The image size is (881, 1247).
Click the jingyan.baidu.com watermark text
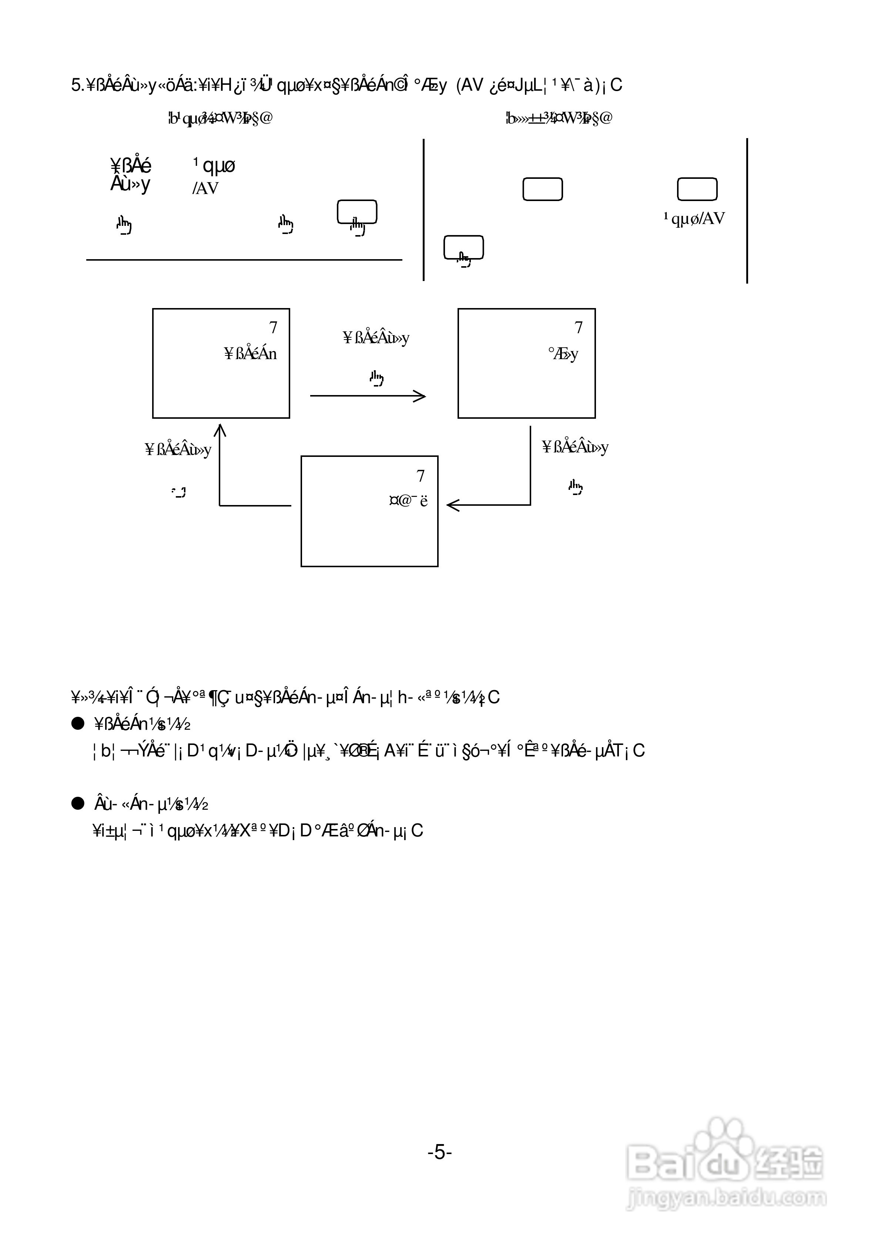tap(726, 1198)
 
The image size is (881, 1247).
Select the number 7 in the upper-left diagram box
tap(273, 328)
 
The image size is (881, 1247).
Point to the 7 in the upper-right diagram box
tap(579, 328)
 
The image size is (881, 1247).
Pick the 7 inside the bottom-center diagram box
tap(421, 476)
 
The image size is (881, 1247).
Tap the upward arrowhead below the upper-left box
tap(220, 431)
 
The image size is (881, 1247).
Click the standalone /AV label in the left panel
tap(205, 188)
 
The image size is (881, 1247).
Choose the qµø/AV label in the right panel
tap(694, 218)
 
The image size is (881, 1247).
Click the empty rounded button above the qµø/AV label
tap(697, 189)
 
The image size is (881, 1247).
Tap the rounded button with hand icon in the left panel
tap(357, 213)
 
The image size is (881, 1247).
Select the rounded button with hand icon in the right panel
tap(463, 248)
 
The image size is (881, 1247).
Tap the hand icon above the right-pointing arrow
tap(376, 377)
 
